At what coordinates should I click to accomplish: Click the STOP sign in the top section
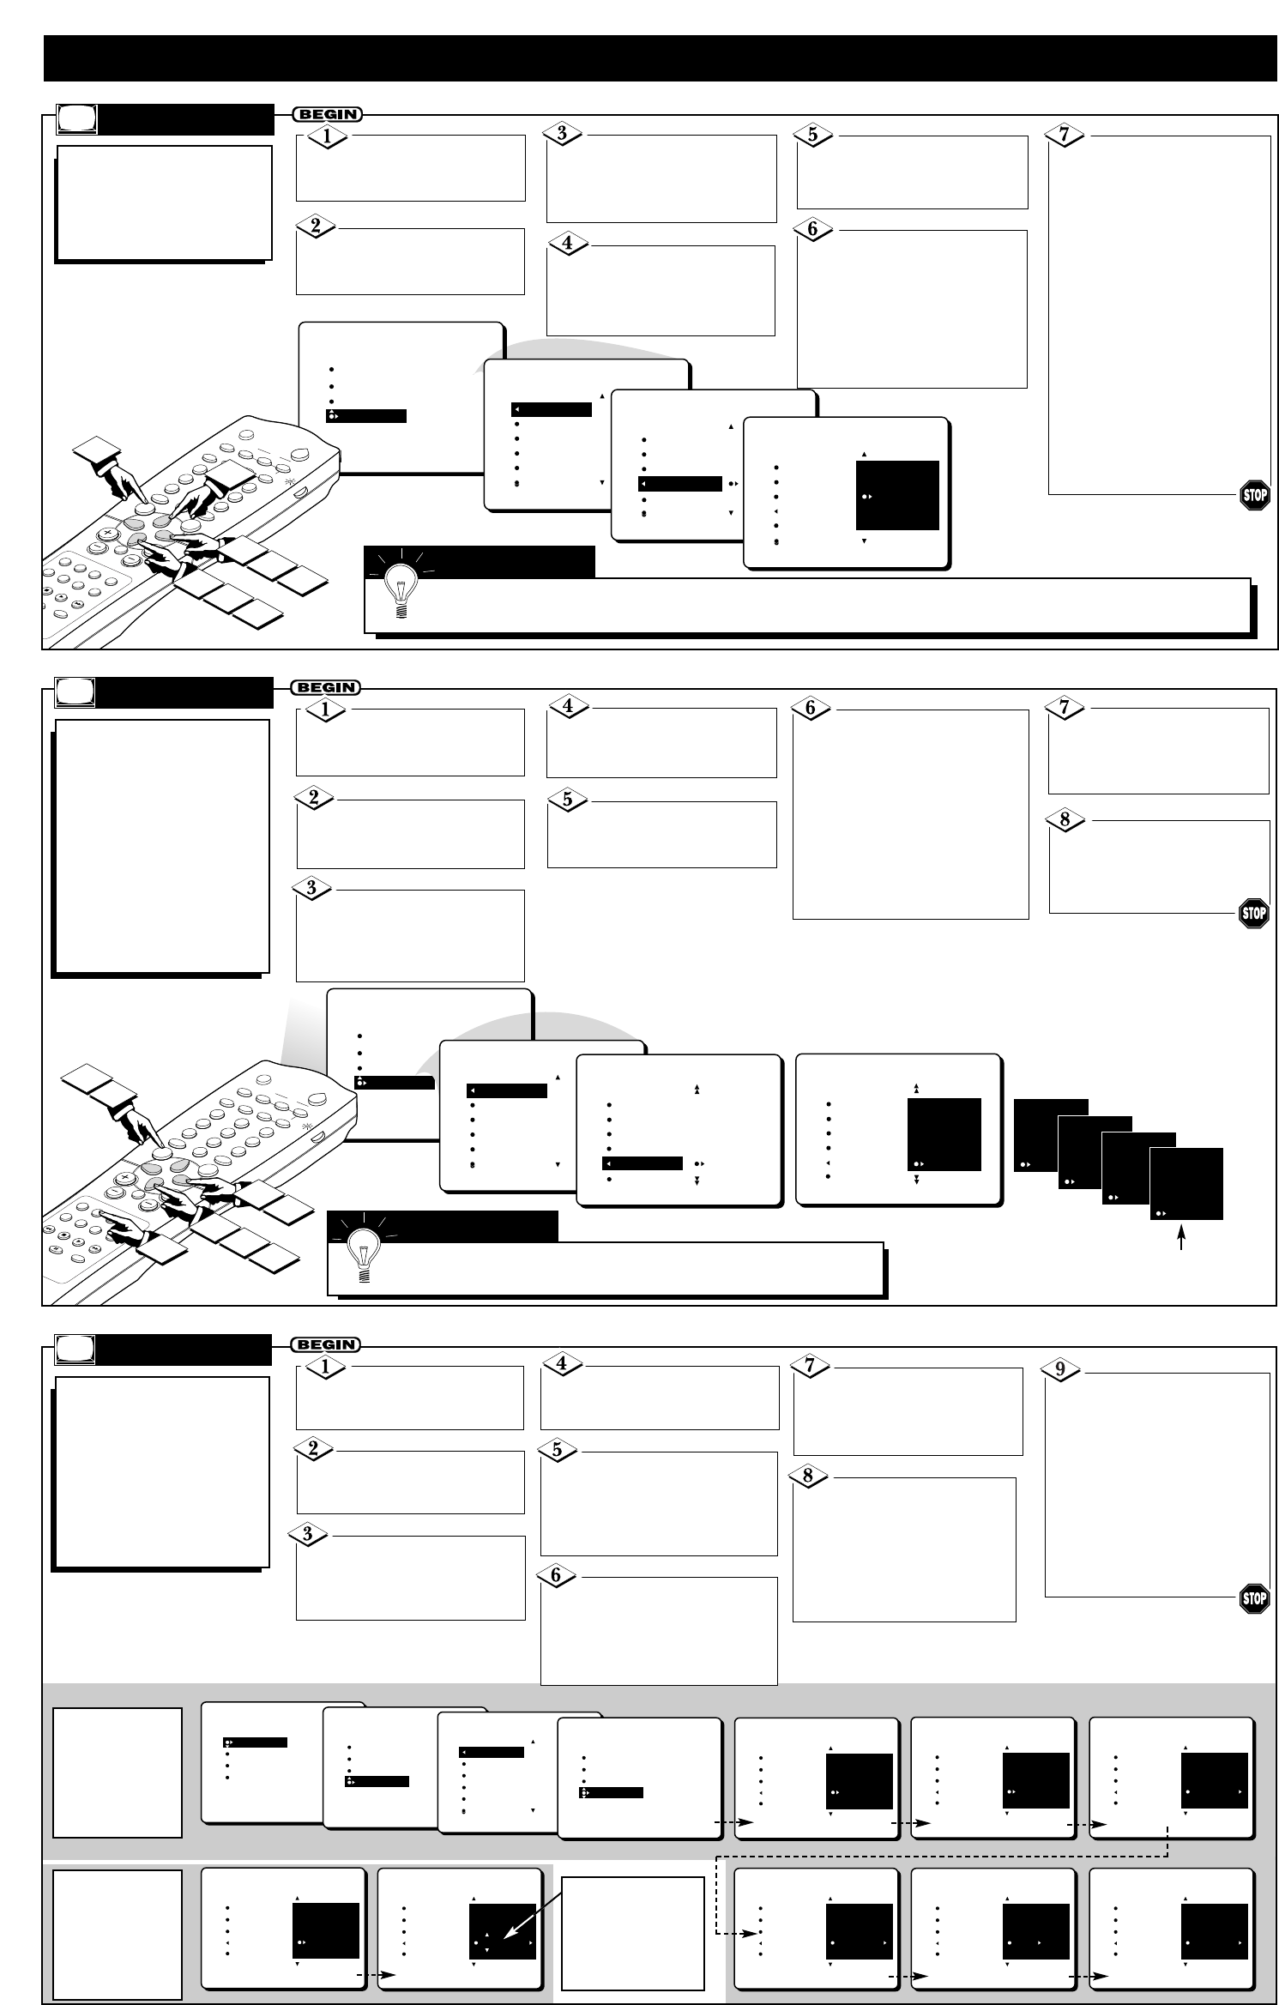coord(1254,495)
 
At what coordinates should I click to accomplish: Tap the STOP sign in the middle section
coord(1254,914)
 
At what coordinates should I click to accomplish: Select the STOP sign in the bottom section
coord(1254,1597)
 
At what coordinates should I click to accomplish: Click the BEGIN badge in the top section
coord(327,114)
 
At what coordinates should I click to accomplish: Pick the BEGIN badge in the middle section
coord(327,687)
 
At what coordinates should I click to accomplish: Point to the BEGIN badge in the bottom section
coord(327,1344)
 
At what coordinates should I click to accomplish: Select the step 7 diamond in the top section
coord(1065,135)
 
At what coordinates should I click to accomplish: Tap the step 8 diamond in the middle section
coord(1065,819)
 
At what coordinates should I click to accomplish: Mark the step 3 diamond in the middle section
coord(312,888)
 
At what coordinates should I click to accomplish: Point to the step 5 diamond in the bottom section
coord(558,1450)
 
